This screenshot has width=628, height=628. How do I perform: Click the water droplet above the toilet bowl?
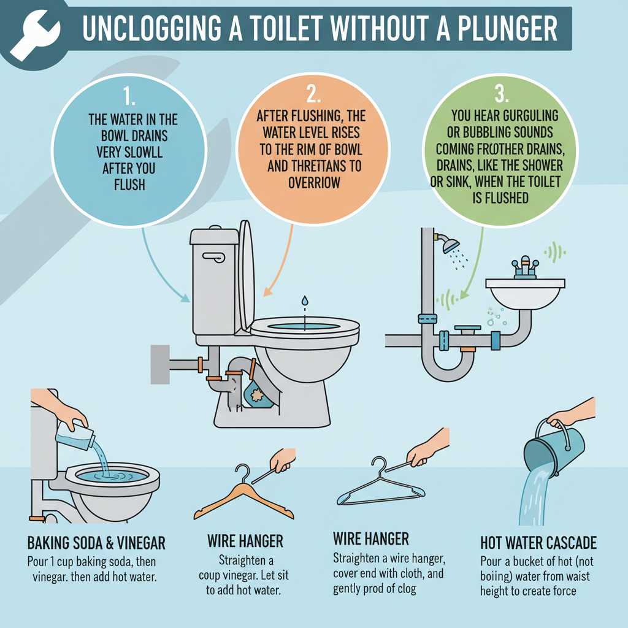coord(304,301)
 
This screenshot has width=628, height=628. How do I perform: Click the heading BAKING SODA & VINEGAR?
coord(96,543)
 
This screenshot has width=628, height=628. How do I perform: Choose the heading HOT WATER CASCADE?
coord(538,543)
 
